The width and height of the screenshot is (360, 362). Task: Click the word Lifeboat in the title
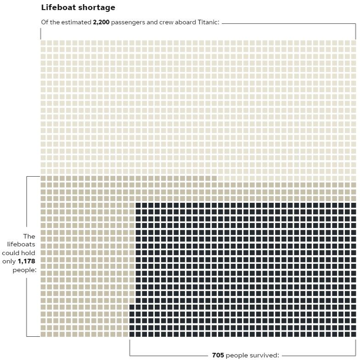57,7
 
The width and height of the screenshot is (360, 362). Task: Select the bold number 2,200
101,22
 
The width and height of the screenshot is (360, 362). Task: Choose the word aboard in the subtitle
186,22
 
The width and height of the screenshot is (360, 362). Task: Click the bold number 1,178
26,261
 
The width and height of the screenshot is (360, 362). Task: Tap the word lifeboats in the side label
21,245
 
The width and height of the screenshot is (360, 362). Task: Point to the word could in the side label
11,253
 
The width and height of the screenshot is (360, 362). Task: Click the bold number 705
218,355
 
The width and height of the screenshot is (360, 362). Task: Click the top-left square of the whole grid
43,43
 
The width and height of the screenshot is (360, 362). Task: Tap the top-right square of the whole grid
353,43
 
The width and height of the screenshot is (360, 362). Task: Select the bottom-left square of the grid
43,334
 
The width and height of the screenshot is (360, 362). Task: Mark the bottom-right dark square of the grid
353,334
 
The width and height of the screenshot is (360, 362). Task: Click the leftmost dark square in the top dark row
138,206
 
